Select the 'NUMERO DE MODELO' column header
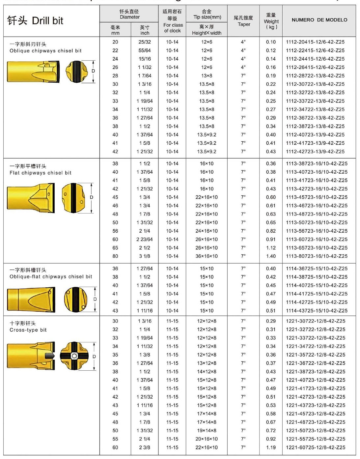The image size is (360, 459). click(x=319, y=20)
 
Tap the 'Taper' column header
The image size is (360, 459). click(x=244, y=21)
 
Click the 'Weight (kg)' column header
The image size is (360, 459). click(x=271, y=21)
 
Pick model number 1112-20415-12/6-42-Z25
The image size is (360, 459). click(x=315, y=42)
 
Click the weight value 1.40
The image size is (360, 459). click(x=271, y=256)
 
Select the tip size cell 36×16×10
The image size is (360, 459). click(x=207, y=256)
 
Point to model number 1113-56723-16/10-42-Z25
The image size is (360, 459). click(x=317, y=231)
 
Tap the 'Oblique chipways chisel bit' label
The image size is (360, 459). click(x=45, y=51)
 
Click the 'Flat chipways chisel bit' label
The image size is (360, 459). click(x=41, y=173)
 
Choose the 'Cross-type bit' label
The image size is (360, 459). click(x=28, y=330)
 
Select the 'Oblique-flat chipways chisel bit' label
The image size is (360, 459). click(x=51, y=276)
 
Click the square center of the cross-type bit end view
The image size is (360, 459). click(x=74, y=356)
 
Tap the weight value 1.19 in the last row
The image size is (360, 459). click(x=271, y=447)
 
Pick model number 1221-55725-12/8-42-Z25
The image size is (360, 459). click(x=316, y=439)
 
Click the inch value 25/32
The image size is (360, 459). click(x=145, y=42)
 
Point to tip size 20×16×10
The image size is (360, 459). click(x=207, y=439)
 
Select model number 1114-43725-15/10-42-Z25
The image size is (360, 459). click(x=317, y=311)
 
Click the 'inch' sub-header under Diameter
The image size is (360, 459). click(x=145, y=30)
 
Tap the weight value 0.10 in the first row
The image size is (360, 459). click(x=271, y=42)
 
